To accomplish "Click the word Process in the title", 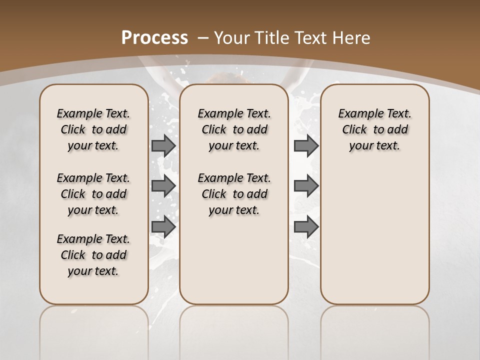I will click(x=155, y=37).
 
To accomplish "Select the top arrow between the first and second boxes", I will click(x=163, y=145).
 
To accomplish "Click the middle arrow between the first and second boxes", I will click(x=163, y=186).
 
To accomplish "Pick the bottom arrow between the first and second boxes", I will click(x=163, y=226).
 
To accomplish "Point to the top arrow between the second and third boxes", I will click(x=306, y=145).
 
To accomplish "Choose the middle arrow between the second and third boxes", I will click(x=306, y=186).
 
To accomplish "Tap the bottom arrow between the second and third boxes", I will click(x=306, y=226).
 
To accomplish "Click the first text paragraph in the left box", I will click(x=93, y=129).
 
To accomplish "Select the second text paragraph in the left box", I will click(x=93, y=194).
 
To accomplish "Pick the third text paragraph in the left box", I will click(x=93, y=255).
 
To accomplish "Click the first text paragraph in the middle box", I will click(x=234, y=129).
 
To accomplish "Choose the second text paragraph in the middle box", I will click(x=234, y=194).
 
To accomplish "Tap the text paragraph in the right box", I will click(x=375, y=129).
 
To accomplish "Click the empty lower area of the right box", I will click(x=375, y=235).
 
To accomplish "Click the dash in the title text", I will click(x=203, y=37).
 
